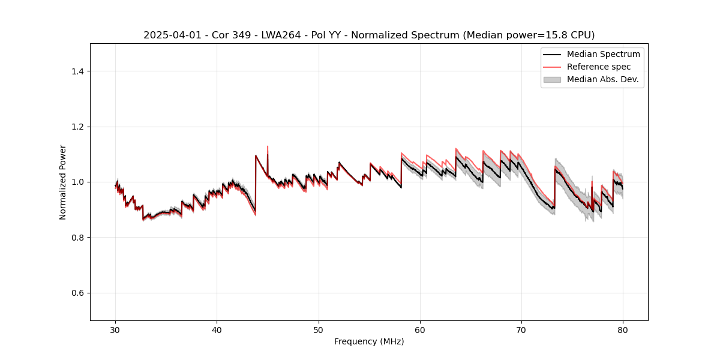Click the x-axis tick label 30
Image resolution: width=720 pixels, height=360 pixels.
[x=115, y=329]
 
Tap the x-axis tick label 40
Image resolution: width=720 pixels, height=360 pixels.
[x=217, y=329]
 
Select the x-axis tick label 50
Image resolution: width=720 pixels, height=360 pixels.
[x=319, y=329]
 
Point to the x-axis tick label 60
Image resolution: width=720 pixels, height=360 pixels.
[x=420, y=329]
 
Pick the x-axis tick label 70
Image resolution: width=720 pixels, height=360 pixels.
[x=521, y=329]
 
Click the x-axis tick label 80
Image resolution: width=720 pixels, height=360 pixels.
[x=623, y=329]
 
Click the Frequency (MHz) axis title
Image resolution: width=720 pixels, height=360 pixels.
[x=369, y=341]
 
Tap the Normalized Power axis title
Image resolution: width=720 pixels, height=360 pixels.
[x=63, y=182]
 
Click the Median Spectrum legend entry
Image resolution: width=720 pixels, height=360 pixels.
[x=603, y=54]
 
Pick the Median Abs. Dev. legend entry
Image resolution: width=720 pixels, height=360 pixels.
[x=602, y=79]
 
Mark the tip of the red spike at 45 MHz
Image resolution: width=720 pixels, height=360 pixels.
[x=268, y=146]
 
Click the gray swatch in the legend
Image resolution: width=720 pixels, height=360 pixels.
[x=552, y=79]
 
